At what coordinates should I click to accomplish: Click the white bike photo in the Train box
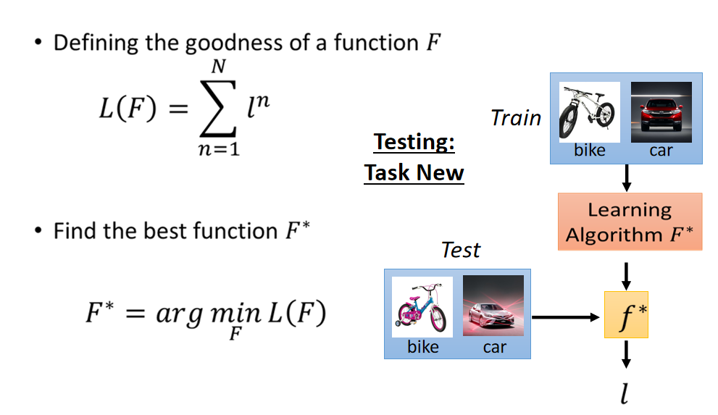coord(589,112)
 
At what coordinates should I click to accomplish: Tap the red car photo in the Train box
coord(661,112)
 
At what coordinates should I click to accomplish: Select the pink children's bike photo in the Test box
coord(422,307)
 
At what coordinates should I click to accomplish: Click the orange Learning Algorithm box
coord(630,222)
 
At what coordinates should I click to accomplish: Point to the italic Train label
coord(516,117)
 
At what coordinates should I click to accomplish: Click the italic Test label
coord(461,250)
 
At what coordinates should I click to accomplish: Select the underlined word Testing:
coord(414,142)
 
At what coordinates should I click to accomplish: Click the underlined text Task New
coord(414,172)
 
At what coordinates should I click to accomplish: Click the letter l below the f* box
coord(625,393)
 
